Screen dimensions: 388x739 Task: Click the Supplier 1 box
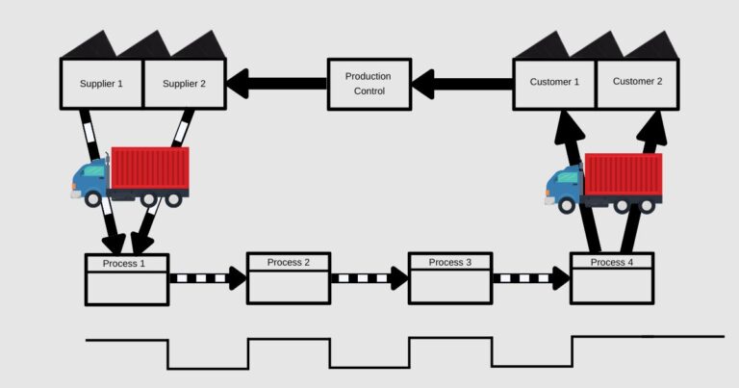coord(101,84)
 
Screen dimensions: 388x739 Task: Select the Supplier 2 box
coord(184,84)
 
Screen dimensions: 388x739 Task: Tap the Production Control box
coord(369,85)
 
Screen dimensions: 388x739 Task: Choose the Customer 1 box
coord(554,82)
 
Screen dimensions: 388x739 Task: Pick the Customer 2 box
coord(637,82)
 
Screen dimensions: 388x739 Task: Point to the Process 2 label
coord(289,262)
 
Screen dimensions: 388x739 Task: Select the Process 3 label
coord(450,262)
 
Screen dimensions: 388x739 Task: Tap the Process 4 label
coord(612,262)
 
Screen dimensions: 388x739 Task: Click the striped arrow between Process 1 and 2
coord(207,278)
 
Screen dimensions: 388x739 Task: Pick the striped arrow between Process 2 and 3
coord(369,278)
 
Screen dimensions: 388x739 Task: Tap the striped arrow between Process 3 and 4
coord(530,278)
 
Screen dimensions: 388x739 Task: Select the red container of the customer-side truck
coord(623,175)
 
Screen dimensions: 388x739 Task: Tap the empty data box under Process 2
coord(289,287)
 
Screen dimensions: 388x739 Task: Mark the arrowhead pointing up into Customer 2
coord(655,123)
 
